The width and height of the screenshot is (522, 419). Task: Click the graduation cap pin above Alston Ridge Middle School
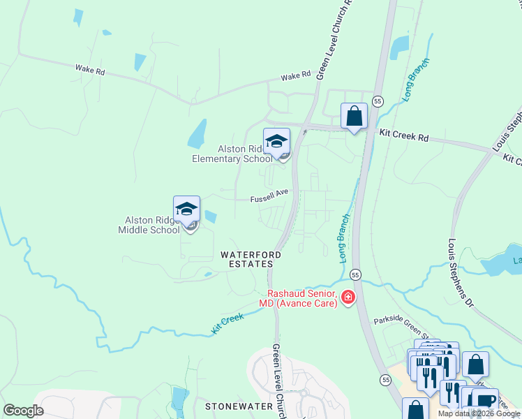(x=186, y=209)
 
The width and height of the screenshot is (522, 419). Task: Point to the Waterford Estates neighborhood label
(x=251, y=260)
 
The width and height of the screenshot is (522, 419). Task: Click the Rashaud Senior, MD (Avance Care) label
(x=302, y=298)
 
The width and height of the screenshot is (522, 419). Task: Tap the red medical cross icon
(x=348, y=299)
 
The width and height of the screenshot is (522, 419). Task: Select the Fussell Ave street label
(x=270, y=199)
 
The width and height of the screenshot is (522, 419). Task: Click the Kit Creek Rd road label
(x=404, y=135)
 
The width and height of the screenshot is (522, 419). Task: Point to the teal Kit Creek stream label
(x=228, y=323)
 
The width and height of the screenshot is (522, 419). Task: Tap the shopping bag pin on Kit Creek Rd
(x=354, y=116)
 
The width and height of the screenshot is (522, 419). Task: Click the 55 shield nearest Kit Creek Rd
(x=377, y=101)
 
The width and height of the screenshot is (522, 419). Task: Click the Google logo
(x=23, y=411)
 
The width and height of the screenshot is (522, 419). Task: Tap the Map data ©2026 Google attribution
(x=479, y=413)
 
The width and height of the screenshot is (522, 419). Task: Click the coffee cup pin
(x=484, y=402)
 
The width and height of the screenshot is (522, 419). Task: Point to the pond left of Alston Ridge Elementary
(x=197, y=133)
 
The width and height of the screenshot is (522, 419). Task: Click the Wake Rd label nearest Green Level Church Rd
(x=295, y=76)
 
